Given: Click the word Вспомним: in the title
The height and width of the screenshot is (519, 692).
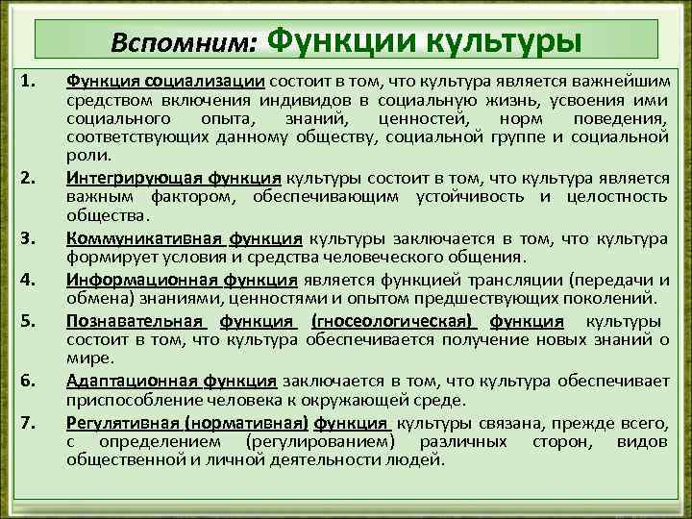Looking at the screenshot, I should coord(183,44).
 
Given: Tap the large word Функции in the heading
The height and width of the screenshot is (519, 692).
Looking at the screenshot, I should coord(341,40).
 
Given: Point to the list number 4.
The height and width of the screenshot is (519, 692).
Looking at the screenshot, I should coord(29,280).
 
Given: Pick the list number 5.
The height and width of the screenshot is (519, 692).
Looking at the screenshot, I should coord(29,320).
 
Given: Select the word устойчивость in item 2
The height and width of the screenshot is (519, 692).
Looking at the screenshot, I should coord(465,196).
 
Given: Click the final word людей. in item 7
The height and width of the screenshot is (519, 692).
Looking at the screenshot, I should coord(420,459).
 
